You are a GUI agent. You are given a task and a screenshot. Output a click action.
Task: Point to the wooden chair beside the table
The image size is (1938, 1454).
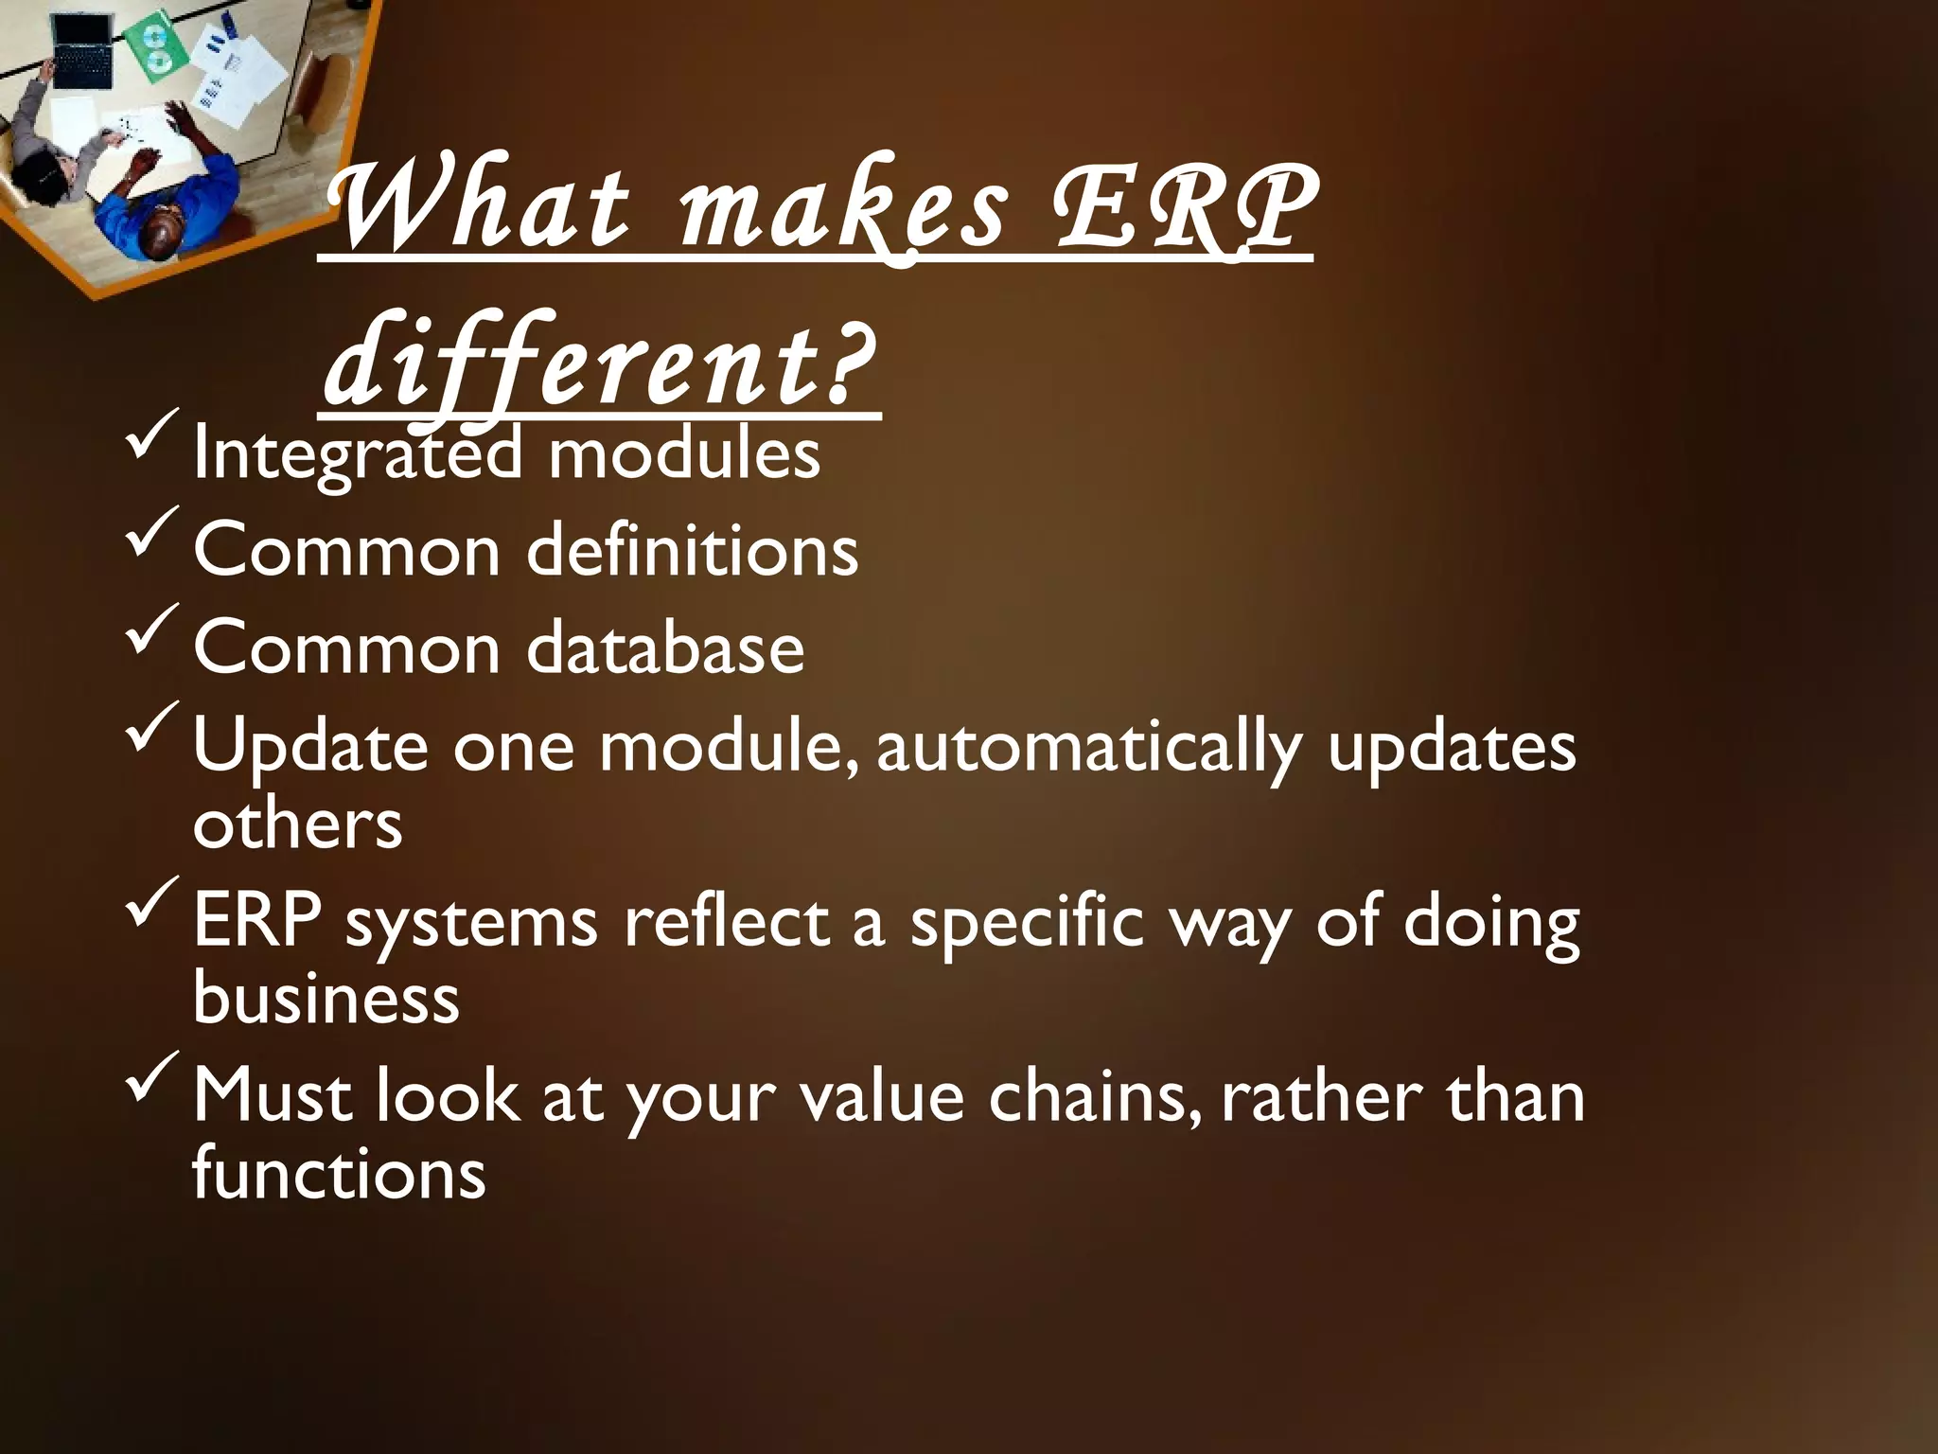[322, 95]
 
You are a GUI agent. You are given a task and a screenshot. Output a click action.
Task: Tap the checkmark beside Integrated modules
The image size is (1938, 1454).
[150, 437]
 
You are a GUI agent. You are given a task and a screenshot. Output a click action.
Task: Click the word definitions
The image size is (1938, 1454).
[692, 551]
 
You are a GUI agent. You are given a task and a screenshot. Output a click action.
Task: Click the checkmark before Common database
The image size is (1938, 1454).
[150, 631]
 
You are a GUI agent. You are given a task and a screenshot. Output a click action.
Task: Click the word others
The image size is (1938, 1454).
[297, 824]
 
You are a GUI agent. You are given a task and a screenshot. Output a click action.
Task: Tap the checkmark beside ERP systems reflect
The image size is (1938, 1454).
[150, 904]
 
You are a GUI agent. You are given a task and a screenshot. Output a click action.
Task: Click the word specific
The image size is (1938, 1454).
[1028, 922]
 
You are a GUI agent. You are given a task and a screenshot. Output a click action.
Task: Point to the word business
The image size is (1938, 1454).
[326, 998]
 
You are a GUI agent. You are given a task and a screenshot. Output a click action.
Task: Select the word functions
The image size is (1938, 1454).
[339, 1174]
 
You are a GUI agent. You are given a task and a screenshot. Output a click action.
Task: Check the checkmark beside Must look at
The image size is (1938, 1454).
[150, 1079]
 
